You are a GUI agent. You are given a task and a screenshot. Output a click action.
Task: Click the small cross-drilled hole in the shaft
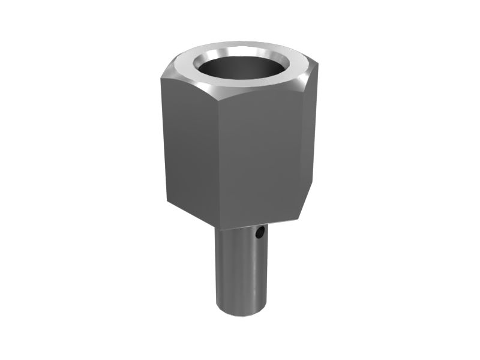[x=259, y=232]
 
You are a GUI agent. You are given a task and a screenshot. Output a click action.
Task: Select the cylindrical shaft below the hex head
[x=240, y=270]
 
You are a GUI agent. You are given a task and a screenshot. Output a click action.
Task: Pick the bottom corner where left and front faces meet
[x=217, y=224]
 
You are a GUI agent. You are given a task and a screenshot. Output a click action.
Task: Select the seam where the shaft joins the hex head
[x=240, y=229]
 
